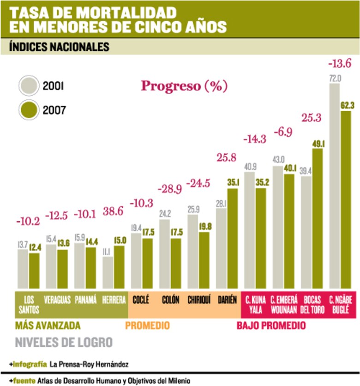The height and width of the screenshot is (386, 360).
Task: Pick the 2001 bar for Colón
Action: tap(165, 254)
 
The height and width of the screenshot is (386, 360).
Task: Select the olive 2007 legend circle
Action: tap(29, 110)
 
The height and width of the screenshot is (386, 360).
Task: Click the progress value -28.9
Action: tap(170, 190)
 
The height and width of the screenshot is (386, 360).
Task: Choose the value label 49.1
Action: tap(318, 143)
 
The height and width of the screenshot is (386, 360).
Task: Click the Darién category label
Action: tap(227, 300)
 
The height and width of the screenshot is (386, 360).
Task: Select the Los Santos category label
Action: tap(29, 303)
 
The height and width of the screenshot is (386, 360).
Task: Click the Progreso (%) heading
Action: tap(184, 86)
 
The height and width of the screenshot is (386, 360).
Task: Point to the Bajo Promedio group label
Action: tap(271, 326)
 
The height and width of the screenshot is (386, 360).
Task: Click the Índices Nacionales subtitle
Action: tap(59, 47)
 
